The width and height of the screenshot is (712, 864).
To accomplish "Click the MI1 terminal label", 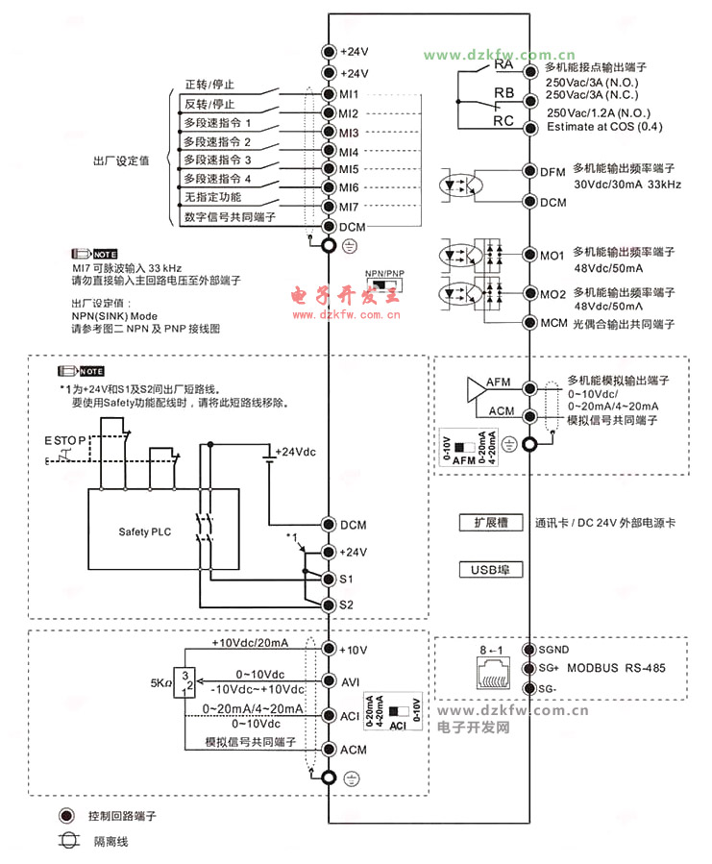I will click(x=348, y=94).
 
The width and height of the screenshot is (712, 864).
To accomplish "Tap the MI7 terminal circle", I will click(x=329, y=206).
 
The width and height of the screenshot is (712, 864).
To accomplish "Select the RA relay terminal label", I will click(x=503, y=66).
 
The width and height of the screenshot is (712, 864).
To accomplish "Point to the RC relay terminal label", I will click(x=503, y=121).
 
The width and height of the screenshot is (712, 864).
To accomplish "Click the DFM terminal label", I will click(x=552, y=172).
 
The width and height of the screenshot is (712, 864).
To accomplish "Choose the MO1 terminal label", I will click(x=552, y=255).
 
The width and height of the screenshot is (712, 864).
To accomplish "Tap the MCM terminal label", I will click(x=553, y=323).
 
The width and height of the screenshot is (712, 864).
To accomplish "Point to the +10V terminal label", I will click(x=353, y=651).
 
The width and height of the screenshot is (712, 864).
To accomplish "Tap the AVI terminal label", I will click(x=350, y=681).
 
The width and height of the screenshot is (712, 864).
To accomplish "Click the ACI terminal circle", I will click(x=329, y=716).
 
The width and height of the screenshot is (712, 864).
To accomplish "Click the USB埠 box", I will click(x=490, y=570).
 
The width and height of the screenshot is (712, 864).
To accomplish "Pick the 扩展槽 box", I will click(x=490, y=523).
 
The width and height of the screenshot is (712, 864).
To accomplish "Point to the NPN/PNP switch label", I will click(x=385, y=274).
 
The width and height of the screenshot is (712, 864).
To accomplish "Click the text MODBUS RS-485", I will click(x=616, y=668).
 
